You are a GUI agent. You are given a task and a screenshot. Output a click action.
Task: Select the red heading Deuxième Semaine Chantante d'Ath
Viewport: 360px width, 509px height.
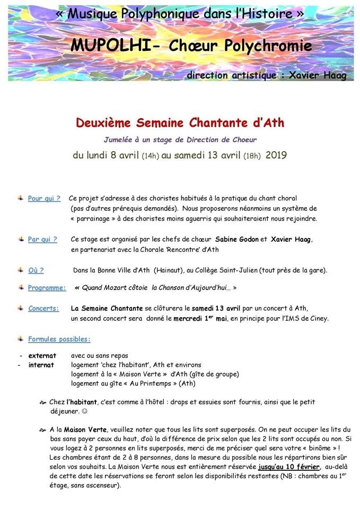(x=180, y=124)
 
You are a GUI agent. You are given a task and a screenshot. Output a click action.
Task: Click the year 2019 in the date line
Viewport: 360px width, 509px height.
(x=276, y=156)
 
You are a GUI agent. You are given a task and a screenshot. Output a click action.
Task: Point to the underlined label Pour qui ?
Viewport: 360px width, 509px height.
(x=44, y=199)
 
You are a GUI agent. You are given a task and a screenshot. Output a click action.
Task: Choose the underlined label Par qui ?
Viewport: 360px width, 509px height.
(x=42, y=240)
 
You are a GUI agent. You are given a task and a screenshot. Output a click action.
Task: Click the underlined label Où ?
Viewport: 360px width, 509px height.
(x=36, y=270)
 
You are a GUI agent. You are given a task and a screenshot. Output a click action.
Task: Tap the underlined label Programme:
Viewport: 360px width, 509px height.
(x=47, y=288)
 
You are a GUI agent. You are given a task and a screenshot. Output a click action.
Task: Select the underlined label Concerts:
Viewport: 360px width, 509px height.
(x=43, y=308)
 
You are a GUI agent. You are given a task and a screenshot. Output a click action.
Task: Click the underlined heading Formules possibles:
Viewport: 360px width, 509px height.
(x=59, y=339)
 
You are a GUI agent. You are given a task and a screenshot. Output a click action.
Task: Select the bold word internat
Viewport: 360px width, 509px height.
(x=41, y=365)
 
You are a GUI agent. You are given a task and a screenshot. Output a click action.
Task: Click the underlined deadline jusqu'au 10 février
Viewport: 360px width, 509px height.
(x=289, y=467)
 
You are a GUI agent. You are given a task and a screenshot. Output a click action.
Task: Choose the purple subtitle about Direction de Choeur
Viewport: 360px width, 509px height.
(x=180, y=140)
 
